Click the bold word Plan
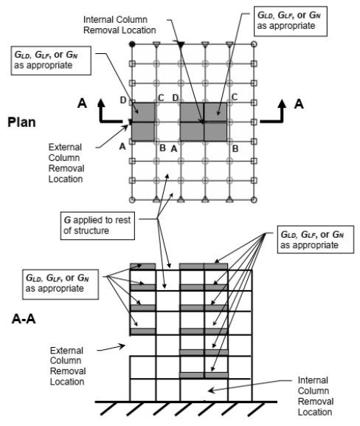click(21, 123)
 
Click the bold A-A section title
click(24, 318)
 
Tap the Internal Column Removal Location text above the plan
click(120, 24)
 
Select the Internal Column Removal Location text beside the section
click(316, 396)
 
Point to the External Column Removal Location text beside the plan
click(66, 163)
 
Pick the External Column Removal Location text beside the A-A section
click(68, 366)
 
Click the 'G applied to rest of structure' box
click(97, 225)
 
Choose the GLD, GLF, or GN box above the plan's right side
click(290, 21)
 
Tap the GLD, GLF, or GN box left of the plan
click(51, 61)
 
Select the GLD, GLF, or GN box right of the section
click(316, 239)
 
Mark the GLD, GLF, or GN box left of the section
click(60, 284)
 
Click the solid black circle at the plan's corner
click(132, 44)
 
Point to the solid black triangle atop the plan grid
click(181, 44)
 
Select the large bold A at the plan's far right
click(299, 104)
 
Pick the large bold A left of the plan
click(83, 103)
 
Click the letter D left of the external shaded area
click(123, 100)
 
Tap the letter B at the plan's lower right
click(235, 148)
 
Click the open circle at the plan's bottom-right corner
click(254, 200)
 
